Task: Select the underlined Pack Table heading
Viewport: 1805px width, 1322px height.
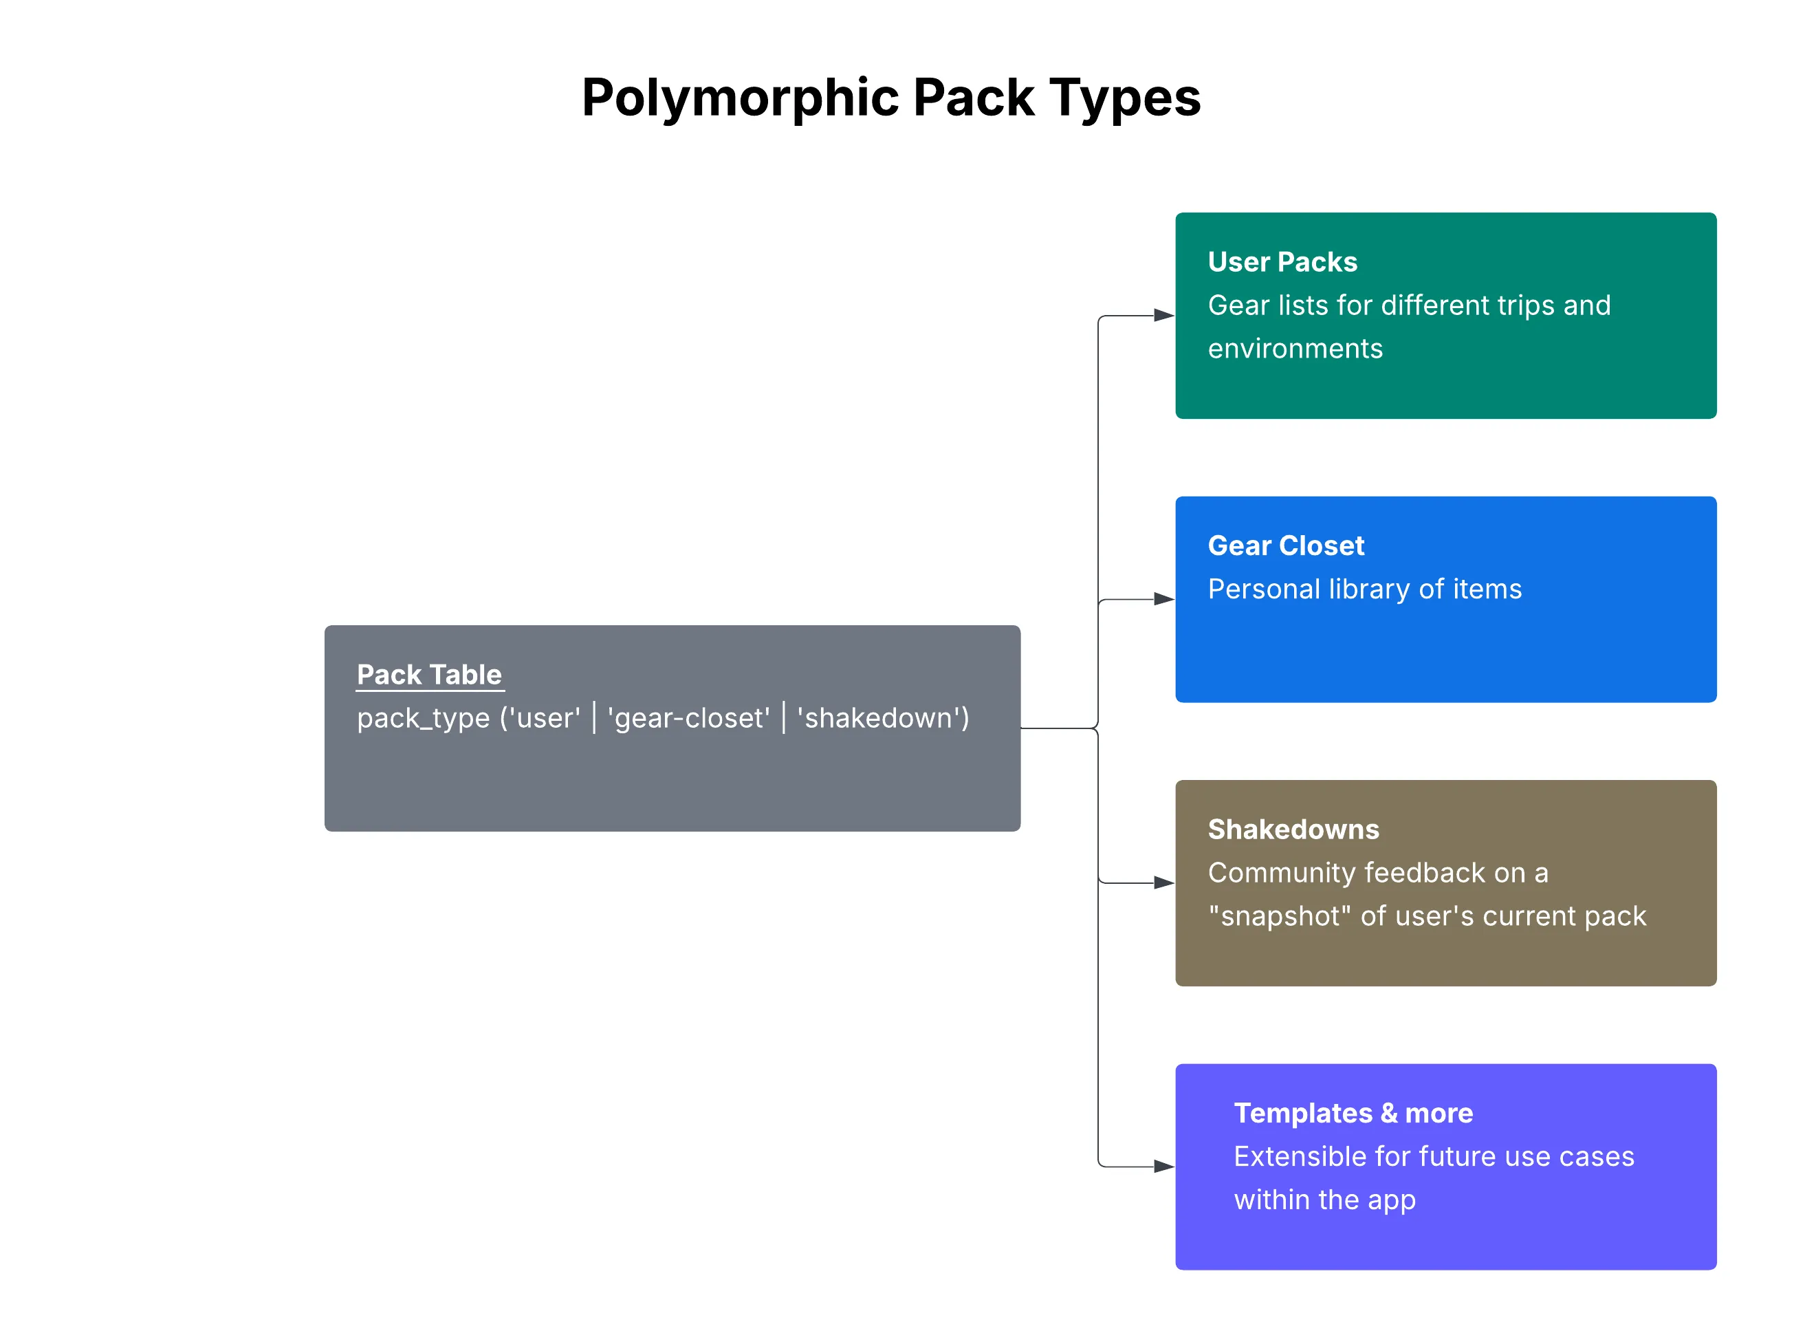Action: (429, 675)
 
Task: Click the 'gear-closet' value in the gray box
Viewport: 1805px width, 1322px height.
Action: (688, 719)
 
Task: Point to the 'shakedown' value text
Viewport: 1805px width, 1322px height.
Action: (882, 719)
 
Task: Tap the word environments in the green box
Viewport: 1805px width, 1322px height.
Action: (1295, 349)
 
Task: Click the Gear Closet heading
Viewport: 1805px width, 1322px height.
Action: (1286, 545)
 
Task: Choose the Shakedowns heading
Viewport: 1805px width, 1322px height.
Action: (1293, 829)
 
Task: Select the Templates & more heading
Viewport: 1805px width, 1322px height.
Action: (1353, 1112)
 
